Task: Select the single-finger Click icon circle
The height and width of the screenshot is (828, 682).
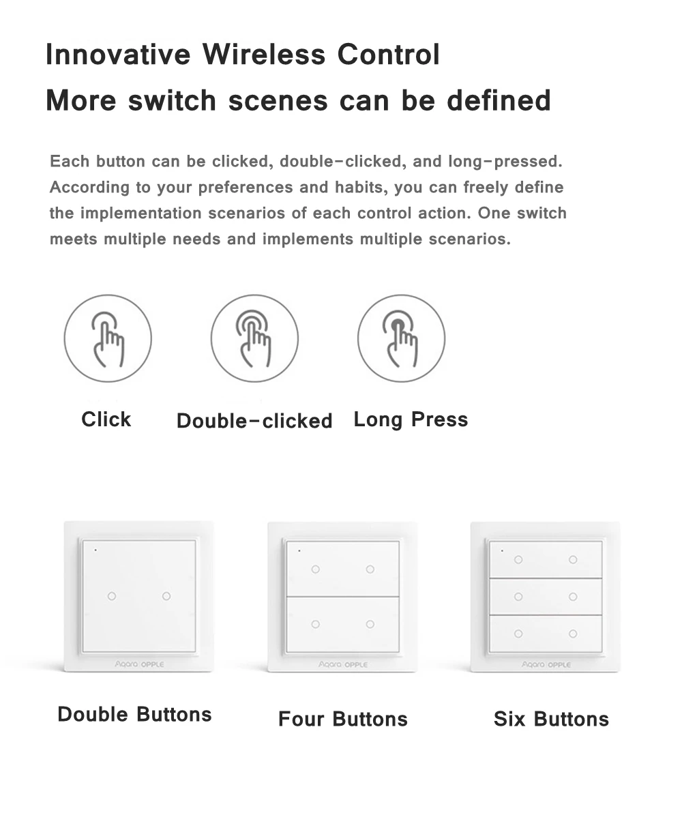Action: (x=108, y=338)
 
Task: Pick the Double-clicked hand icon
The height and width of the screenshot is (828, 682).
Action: (x=254, y=338)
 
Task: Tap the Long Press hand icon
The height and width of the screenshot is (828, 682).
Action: (x=401, y=338)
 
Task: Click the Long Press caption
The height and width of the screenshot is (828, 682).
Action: (x=411, y=419)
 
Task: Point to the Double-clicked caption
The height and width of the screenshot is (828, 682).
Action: (x=254, y=421)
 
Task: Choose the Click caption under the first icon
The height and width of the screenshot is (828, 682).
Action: (x=106, y=419)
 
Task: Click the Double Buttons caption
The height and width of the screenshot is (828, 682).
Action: (x=134, y=714)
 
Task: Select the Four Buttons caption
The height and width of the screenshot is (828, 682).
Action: (x=342, y=719)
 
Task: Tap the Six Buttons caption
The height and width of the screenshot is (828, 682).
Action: (x=551, y=719)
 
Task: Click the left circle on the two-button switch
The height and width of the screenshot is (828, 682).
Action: (x=112, y=596)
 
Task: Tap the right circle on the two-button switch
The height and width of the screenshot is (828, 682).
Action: (x=166, y=596)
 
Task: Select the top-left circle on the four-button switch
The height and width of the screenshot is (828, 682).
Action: (x=315, y=569)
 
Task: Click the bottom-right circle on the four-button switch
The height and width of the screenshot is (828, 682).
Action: (x=370, y=624)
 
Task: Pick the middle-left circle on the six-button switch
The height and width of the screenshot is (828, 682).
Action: (x=518, y=597)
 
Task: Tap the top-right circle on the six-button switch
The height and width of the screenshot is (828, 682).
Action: (x=573, y=559)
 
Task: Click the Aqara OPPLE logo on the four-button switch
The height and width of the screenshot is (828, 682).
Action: (x=343, y=664)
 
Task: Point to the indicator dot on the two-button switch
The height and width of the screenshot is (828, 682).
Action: (x=95, y=549)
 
